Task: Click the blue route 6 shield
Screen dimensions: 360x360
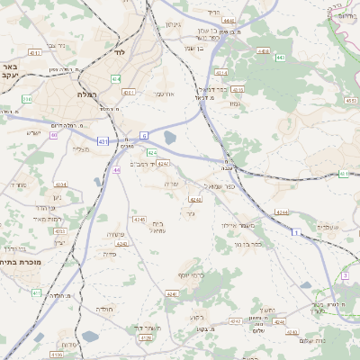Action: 143,135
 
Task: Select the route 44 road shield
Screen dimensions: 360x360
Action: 118,169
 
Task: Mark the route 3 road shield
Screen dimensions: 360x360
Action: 345,275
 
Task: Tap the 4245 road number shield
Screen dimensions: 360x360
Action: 138,219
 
